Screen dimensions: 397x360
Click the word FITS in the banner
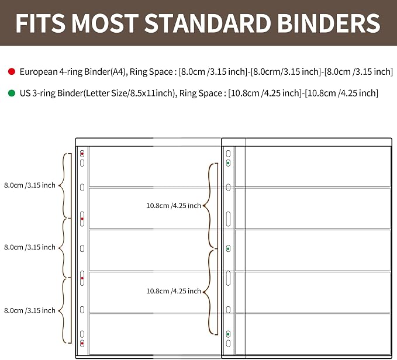[40, 23]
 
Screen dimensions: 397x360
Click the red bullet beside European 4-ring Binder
[12, 72]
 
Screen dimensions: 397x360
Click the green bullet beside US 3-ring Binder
[12, 93]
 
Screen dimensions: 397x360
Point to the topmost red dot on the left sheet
[82, 154]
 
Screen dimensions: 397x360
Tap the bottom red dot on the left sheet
[82, 343]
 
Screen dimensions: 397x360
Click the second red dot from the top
[82, 219]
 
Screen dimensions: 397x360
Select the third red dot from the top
[82, 278]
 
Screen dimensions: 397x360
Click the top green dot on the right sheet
[228, 163]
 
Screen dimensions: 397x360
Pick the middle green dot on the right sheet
[228, 249]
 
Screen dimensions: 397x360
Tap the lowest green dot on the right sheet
[228, 334]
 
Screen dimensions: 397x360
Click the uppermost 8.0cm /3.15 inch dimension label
[30, 185]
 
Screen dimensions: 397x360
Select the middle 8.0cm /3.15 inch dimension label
[30, 247]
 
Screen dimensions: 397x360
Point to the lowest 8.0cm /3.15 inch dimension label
[30, 310]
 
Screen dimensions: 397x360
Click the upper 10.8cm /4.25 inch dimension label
[174, 206]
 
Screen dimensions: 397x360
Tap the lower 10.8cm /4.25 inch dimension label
[174, 291]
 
